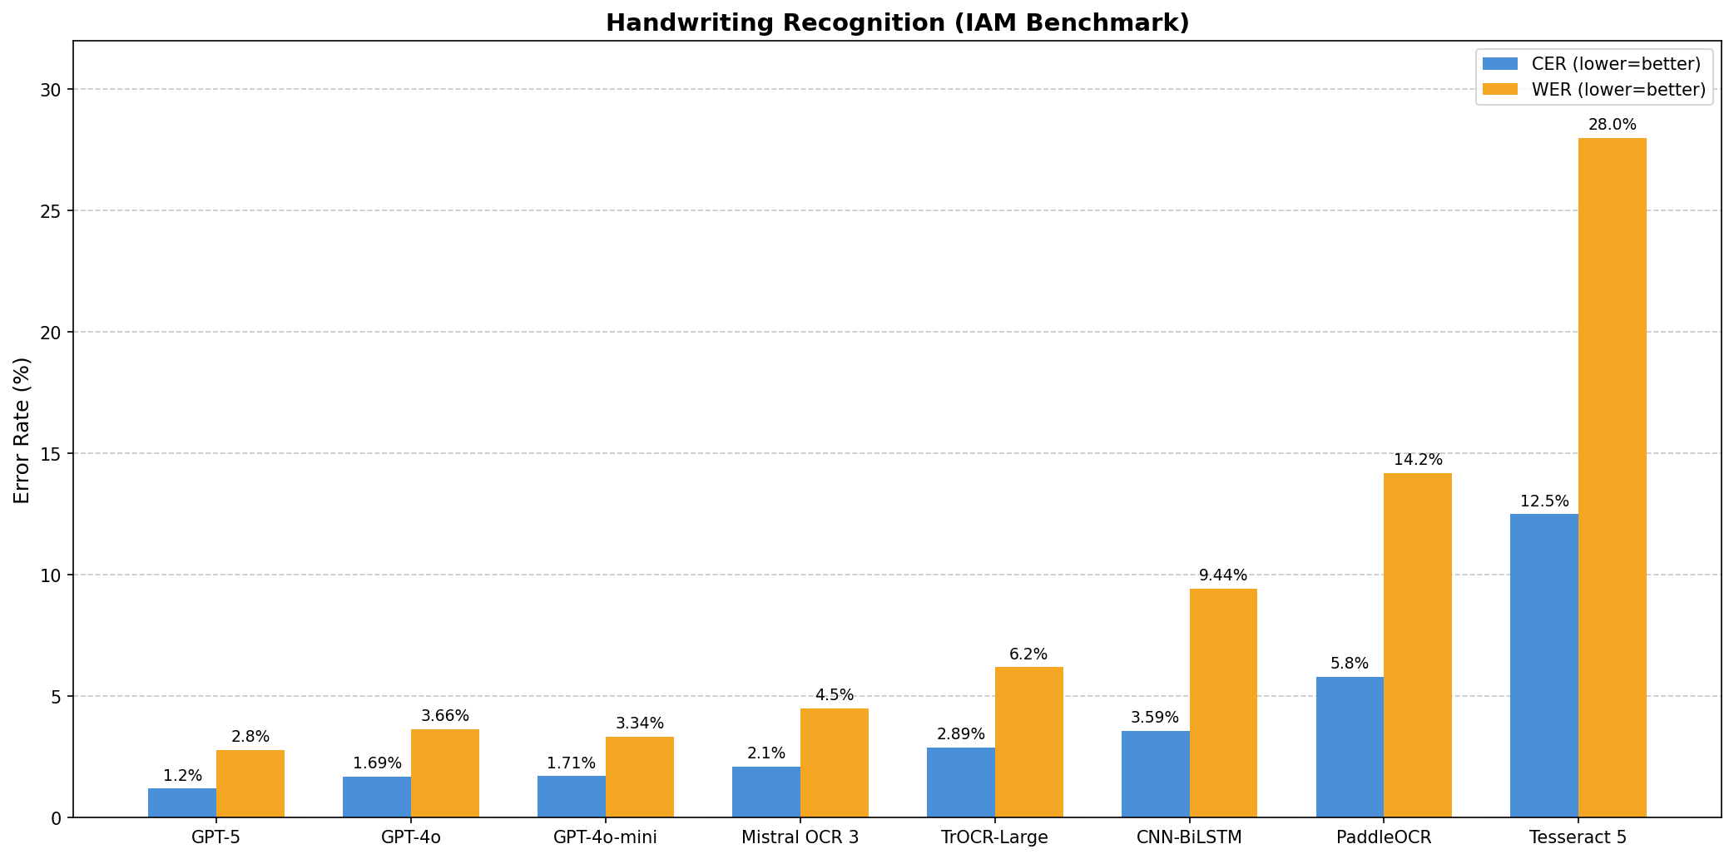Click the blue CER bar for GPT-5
(x=182, y=802)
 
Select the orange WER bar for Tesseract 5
(x=1612, y=477)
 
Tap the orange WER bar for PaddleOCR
(x=1417, y=645)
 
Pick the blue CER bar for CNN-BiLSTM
(x=1155, y=774)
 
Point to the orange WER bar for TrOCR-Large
(x=1028, y=742)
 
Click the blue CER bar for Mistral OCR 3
(x=765, y=792)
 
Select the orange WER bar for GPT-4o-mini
(x=639, y=777)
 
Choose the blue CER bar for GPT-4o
(x=376, y=797)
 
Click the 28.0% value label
(x=1612, y=125)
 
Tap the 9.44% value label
(x=1222, y=575)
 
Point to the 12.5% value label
(x=1544, y=501)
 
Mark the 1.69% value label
(x=377, y=763)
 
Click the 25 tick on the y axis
(x=52, y=211)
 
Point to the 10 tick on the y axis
(x=52, y=575)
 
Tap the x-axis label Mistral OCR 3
(x=800, y=837)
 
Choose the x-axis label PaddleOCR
(x=1383, y=837)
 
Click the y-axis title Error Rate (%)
(x=22, y=430)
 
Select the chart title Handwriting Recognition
(x=897, y=23)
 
